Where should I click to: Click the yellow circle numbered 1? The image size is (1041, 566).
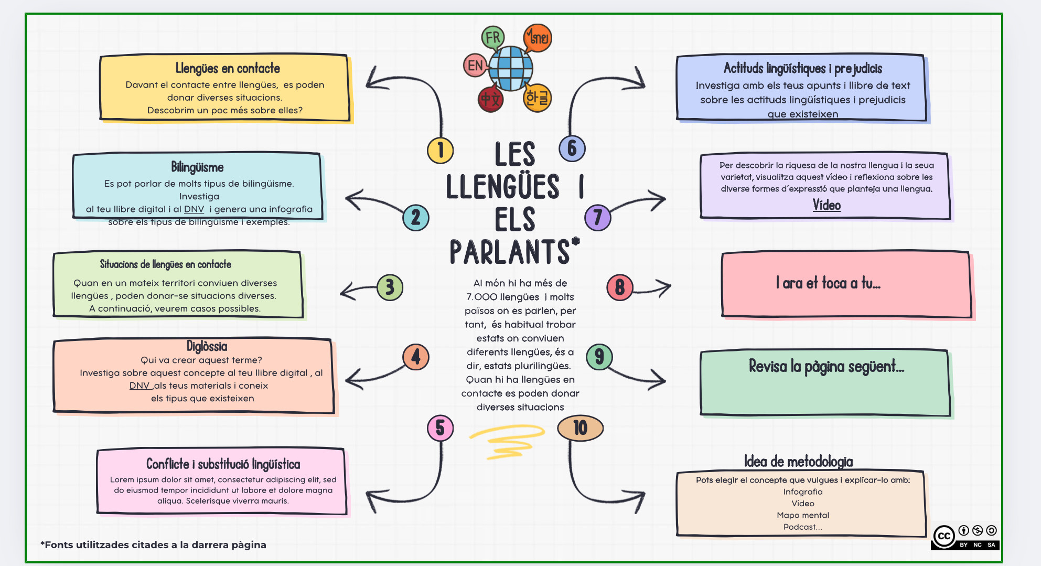441,150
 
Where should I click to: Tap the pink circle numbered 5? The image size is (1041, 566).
441,428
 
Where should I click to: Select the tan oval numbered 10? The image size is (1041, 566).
580,428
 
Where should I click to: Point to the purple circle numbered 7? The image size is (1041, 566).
598,218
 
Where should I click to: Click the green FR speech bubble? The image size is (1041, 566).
492,37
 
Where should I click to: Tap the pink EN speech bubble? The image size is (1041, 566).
475,66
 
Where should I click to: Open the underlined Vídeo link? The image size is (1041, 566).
827,205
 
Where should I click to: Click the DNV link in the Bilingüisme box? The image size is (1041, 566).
194,209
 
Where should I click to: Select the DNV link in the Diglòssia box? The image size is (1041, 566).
139,386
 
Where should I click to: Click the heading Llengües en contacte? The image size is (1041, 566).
228,68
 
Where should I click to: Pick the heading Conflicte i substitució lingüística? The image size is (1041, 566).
223,464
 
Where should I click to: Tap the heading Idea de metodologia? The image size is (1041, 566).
798,462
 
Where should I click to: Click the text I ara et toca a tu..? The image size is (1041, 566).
828,283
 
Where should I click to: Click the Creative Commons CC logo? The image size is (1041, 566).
945,536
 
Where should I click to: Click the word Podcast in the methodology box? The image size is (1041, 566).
802,527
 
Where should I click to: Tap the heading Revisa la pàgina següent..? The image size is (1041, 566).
826,366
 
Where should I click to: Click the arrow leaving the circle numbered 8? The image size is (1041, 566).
653,289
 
